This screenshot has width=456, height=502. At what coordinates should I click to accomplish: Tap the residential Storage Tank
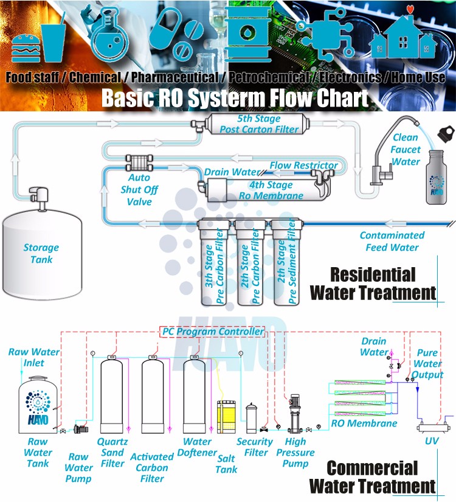(x=41, y=253)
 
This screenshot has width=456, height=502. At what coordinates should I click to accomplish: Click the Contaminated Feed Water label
(x=392, y=242)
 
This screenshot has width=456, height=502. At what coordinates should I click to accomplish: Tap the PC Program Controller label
(x=213, y=332)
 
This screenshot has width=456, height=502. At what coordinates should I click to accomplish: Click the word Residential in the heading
(x=373, y=275)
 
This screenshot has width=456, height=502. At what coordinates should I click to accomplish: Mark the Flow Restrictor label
(x=304, y=166)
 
